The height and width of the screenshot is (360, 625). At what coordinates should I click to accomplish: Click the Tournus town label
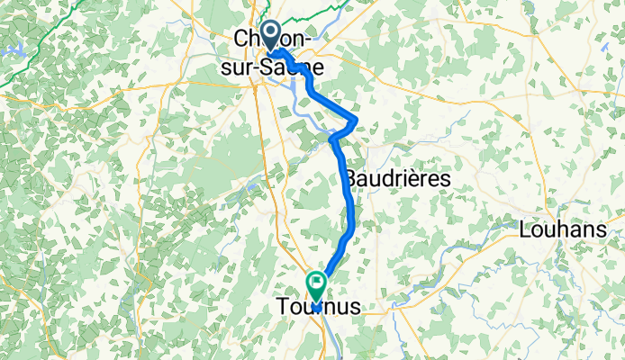coord(316,308)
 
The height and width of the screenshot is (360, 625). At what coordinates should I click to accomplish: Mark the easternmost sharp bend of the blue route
coord(358,119)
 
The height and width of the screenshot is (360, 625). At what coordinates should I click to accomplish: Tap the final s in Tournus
coord(355,308)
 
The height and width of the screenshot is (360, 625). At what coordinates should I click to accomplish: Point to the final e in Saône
coord(319,67)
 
